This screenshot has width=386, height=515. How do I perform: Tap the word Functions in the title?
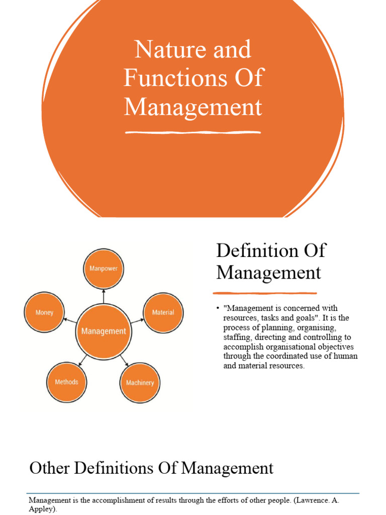pos(175,78)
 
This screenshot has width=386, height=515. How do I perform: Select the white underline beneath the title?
pos(193,132)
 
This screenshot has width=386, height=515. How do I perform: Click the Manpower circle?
pos(104,269)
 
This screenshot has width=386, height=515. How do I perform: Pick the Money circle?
pos(44,312)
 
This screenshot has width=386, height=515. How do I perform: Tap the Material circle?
pos(163,313)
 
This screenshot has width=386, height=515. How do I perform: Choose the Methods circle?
pos(67,382)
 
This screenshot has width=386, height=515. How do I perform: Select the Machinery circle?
pos(140,383)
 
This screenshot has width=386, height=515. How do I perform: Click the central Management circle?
pos(104,331)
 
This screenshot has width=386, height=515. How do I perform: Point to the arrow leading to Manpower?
pos(104,296)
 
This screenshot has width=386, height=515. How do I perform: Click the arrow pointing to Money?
pos(70,320)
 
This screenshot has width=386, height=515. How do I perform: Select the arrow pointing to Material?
pos(137,321)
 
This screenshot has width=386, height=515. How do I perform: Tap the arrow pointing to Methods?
pos(83,360)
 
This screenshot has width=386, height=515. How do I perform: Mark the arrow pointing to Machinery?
pos(124,361)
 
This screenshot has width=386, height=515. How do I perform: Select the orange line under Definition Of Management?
pos(264,293)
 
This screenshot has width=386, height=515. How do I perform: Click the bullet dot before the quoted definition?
pos(217,308)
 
